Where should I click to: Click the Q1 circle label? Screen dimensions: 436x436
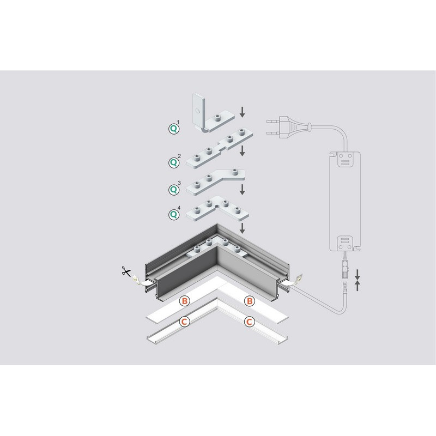pyautogui.click(x=174, y=129)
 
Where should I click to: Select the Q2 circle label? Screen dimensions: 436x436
pyautogui.click(x=174, y=162)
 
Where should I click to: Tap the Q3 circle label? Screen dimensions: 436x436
pyautogui.click(x=174, y=190)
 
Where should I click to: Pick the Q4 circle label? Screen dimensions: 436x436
pyautogui.click(x=174, y=214)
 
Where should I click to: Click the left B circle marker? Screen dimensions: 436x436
pyautogui.click(x=185, y=301)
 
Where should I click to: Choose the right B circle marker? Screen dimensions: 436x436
pyautogui.click(x=250, y=301)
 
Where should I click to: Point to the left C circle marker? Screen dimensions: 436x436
pyautogui.click(x=184, y=322)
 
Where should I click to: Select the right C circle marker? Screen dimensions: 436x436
pyautogui.click(x=250, y=322)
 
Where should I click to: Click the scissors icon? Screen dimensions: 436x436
pyautogui.click(x=126, y=271)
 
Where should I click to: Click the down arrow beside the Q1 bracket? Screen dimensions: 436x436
pyautogui.click(x=243, y=112)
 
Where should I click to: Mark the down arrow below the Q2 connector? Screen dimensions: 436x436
pyautogui.click(x=243, y=151)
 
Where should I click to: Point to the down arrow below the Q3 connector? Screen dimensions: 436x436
pyautogui.click(x=243, y=189)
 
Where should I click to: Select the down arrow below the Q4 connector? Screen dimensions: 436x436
pyautogui.click(x=243, y=228)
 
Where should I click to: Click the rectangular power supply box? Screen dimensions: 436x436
pyautogui.click(x=345, y=201)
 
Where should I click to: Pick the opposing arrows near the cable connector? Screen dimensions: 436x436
pyautogui.click(x=358, y=280)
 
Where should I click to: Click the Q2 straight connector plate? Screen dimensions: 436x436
pyautogui.click(x=220, y=149)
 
